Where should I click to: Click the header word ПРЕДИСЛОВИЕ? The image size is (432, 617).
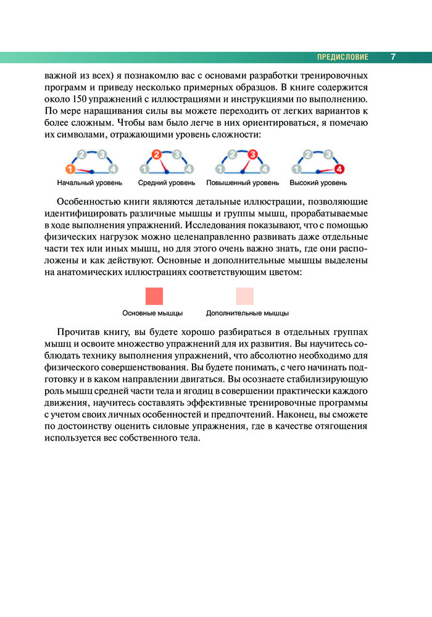pyautogui.click(x=343, y=57)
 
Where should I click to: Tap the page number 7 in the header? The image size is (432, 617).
pyautogui.click(x=393, y=57)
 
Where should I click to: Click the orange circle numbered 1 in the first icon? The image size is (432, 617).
pyautogui.click(x=70, y=168)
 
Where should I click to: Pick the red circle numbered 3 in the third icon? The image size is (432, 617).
pyautogui.click(x=252, y=154)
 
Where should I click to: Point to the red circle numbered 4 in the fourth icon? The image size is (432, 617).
pyautogui.click(x=339, y=168)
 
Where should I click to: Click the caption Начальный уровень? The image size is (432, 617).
pyautogui.click(x=89, y=183)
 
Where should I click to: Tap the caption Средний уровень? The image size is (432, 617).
pyautogui.click(x=167, y=183)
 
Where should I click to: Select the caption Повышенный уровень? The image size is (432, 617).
pyautogui.click(x=242, y=183)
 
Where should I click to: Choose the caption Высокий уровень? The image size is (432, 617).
pyautogui.click(x=318, y=183)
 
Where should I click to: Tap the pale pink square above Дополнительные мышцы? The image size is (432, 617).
pyautogui.click(x=244, y=296)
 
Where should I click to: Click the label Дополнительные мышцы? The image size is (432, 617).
pyautogui.click(x=247, y=313)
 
